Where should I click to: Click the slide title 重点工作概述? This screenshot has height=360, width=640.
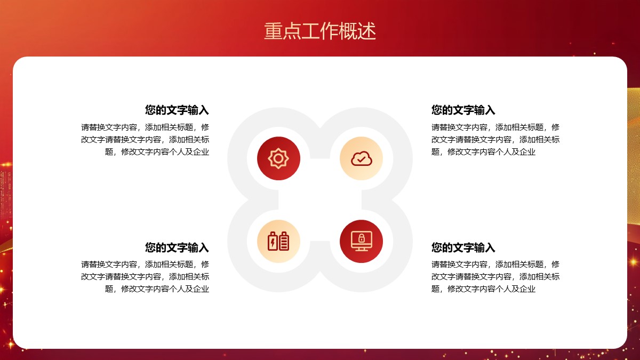click(x=319, y=31)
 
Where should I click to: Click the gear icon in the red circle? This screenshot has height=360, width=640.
click(x=278, y=158)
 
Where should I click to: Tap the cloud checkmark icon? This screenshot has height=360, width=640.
click(x=362, y=159)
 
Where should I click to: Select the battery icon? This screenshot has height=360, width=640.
click(x=278, y=242)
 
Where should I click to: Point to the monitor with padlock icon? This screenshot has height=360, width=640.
click(x=362, y=241)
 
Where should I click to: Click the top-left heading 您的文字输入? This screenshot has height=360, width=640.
click(x=177, y=110)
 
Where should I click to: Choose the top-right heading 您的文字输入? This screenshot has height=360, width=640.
click(x=463, y=110)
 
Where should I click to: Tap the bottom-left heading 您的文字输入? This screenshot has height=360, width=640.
click(x=177, y=247)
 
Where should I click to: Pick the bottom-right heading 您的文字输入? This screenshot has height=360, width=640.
click(x=463, y=247)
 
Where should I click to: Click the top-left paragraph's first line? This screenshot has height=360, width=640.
click(x=145, y=127)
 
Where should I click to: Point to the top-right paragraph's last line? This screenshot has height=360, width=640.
click(x=483, y=151)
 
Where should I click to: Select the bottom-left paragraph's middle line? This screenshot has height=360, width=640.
click(x=145, y=277)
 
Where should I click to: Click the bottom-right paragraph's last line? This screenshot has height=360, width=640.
click(x=483, y=289)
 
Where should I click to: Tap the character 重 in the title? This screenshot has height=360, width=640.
click(x=273, y=31)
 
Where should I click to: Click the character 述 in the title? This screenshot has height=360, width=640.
click(x=366, y=31)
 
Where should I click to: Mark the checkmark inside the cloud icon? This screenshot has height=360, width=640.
click(x=361, y=159)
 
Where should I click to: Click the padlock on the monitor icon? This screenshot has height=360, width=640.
click(x=362, y=238)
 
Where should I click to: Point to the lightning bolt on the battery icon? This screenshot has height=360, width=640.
click(x=273, y=243)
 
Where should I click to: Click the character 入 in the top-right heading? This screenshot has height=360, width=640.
click(x=490, y=110)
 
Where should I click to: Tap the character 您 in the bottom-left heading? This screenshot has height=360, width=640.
click(x=150, y=247)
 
